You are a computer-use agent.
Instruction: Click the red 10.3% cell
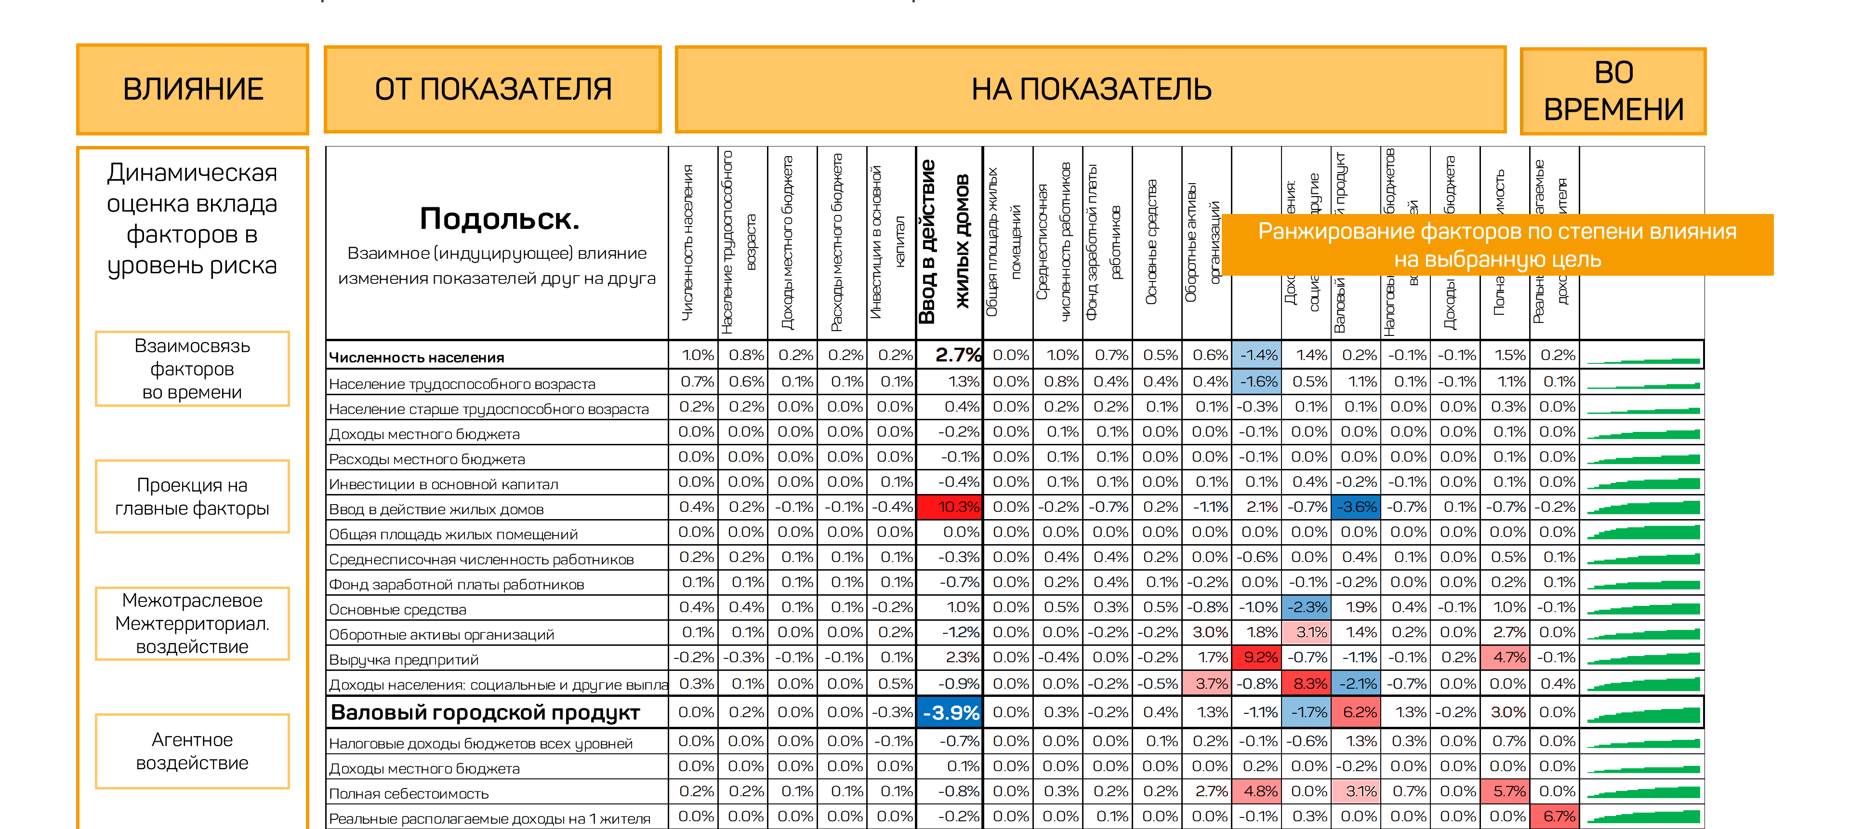point(949,507)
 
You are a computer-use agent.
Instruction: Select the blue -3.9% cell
point(949,712)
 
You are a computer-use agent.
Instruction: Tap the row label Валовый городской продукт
point(485,712)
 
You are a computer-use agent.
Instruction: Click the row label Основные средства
point(397,610)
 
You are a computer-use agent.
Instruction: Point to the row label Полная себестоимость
point(409,793)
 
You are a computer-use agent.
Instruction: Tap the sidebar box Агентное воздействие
point(192,751)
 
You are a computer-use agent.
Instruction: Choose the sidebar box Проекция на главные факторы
point(192,496)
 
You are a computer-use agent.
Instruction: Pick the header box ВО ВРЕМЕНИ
point(1613,91)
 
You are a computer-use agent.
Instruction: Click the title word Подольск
point(499,218)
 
